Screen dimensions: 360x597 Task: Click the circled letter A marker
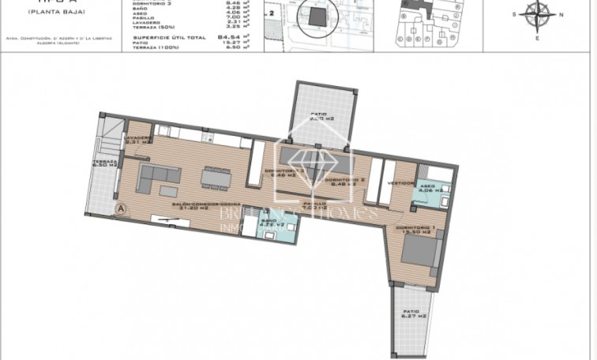[122, 208]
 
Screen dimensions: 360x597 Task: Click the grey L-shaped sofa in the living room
[154, 178]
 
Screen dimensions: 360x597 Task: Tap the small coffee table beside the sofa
[168, 189]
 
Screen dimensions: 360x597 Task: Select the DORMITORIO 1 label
[414, 230]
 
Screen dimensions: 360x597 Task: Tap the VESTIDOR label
[402, 183]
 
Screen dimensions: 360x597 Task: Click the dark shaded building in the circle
[317, 17]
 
